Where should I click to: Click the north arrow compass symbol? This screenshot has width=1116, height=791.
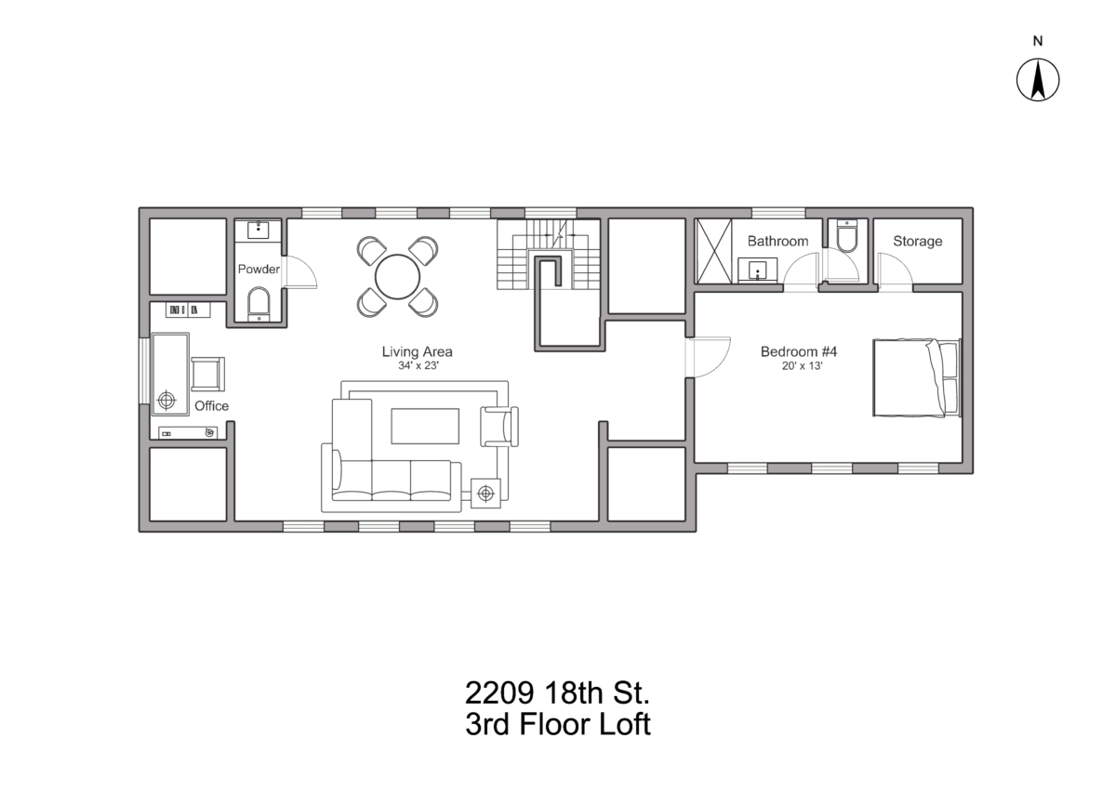point(1038,80)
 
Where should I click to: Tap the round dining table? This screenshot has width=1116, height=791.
point(397,277)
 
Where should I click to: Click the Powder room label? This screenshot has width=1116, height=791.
point(259,269)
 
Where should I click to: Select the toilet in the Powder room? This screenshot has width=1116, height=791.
point(259,303)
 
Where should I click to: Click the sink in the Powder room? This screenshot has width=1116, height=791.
point(259,231)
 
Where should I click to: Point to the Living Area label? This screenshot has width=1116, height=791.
point(417,351)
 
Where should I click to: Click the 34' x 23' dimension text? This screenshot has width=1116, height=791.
point(418,366)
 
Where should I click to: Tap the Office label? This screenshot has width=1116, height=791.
point(211,405)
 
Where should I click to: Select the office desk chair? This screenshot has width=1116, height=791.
point(207,374)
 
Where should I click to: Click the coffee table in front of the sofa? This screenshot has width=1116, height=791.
point(425,426)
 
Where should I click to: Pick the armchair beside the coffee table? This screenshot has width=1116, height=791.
point(499,427)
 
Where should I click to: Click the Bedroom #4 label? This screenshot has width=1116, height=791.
point(799,351)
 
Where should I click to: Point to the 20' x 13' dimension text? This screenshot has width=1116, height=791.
point(802,366)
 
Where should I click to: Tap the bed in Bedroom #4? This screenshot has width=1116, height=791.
point(917,377)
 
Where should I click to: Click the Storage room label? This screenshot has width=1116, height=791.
point(917,241)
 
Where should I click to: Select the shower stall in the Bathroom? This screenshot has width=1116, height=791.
point(714,251)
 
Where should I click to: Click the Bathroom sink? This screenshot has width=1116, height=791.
point(757,270)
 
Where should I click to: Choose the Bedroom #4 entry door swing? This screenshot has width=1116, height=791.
point(708,358)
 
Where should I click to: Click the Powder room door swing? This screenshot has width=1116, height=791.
point(299,271)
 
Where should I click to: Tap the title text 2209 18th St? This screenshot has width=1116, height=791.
point(557,692)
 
